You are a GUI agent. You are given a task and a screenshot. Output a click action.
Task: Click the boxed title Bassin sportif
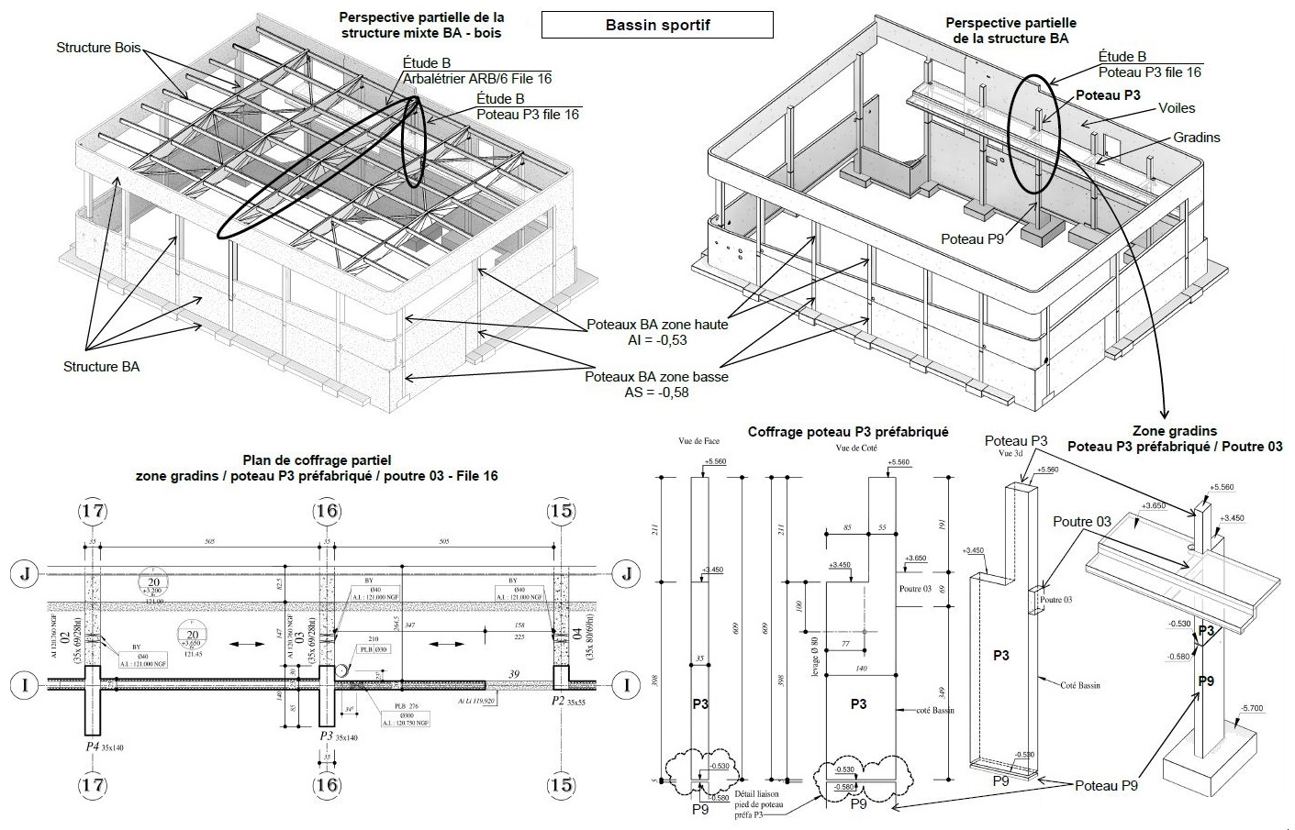pos(657,25)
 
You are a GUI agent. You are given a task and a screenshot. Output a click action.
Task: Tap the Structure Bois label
pos(98,47)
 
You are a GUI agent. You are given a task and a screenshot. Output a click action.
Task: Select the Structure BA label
pos(101,366)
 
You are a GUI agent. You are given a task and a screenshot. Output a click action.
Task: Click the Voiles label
pos(1176,108)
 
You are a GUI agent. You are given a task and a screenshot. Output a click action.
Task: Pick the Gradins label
pos(1197,138)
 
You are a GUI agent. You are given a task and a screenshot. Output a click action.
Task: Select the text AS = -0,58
pos(656,393)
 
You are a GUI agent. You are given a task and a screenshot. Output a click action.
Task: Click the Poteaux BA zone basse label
pos(656,377)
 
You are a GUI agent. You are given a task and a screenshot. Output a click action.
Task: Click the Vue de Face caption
pos(699,441)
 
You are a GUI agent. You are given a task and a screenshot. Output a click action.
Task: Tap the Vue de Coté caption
pos(854,448)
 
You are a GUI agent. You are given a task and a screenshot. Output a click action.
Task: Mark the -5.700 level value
pos(1252,708)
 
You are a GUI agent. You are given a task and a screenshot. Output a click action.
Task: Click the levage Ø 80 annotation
pos(814,654)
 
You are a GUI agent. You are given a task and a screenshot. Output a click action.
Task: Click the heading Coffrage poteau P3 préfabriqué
pos(848,431)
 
